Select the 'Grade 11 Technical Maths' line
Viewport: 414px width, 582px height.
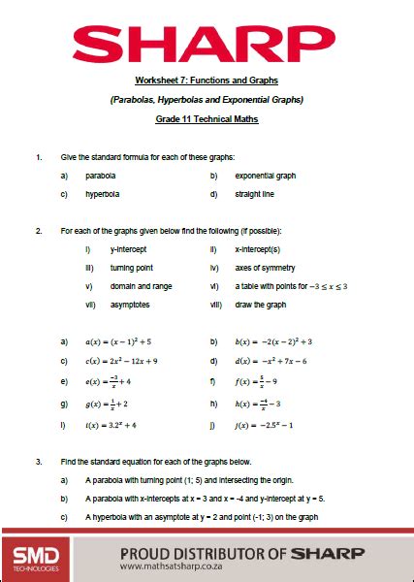[x=207, y=119]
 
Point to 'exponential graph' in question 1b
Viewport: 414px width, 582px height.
[x=265, y=176]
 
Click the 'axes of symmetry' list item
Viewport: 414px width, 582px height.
[x=265, y=267]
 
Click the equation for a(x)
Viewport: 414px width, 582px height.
[x=118, y=341]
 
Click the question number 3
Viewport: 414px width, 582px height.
[x=38, y=462]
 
